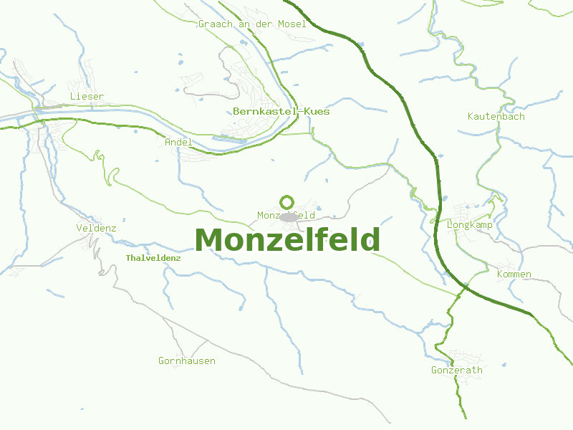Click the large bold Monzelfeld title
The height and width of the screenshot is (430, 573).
[x=286, y=240]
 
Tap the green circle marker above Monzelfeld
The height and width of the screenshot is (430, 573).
[x=287, y=202]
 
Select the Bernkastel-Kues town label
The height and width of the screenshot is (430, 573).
[x=281, y=111]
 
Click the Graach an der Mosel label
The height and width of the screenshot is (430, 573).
[x=252, y=24]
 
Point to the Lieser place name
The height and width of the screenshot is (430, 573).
[x=87, y=96]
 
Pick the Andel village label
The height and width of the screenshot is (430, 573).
[x=178, y=142]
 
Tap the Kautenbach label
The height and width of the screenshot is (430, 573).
[x=496, y=116]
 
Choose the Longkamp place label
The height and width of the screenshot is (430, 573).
[x=469, y=224]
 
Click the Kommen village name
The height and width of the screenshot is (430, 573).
[x=514, y=274]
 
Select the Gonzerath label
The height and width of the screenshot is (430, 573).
[x=456, y=371]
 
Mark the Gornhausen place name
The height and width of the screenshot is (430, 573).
[x=186, y=360]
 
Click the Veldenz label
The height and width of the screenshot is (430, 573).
[x=96, y=228]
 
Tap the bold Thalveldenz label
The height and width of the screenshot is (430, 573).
[x=153, y=257]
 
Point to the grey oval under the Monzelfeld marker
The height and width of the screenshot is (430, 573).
[x=289, y=217]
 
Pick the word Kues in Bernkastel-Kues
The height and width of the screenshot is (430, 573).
[x=317, y=111]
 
